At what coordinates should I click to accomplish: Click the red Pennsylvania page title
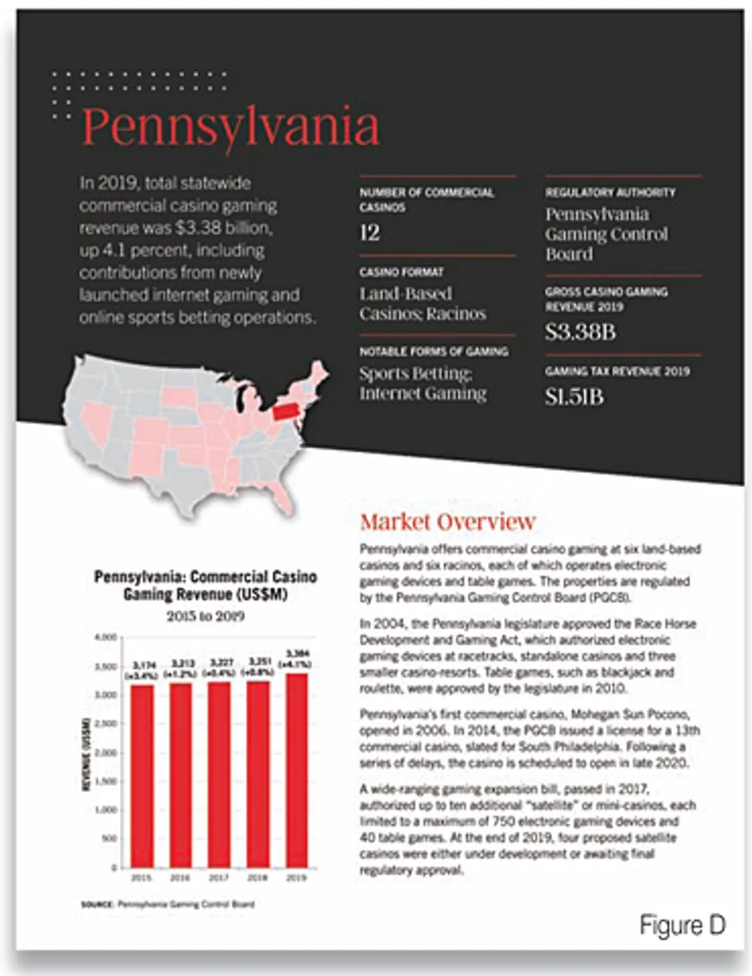click(x=231, y=128)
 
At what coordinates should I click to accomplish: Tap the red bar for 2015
click(x=141, y=776)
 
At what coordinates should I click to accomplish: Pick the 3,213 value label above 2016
click(x=181, y=661)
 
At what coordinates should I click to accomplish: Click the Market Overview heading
click(x=447, y=521)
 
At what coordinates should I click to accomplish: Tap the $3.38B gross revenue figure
click(x=580, y=333)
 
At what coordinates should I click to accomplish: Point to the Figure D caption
click(x=681, y=924)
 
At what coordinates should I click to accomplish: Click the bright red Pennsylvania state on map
click(x=282, y=410)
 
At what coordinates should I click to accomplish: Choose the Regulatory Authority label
click(x=610, y=193)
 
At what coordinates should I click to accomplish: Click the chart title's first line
click(x=205, y=577)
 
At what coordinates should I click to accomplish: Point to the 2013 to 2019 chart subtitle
click(x=206, y=615)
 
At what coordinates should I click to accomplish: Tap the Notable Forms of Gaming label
click(x=433, y=352)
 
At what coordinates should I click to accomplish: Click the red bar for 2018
click(x=257, y=774)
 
